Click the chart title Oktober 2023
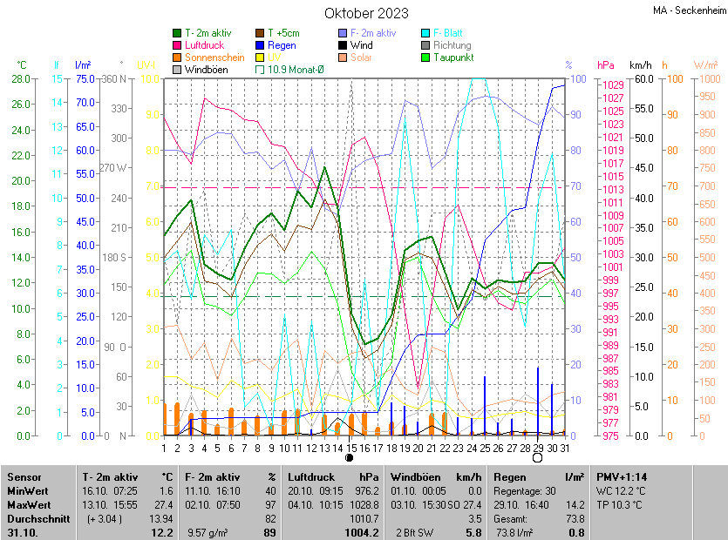coord(366,13)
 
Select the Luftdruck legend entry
coord(205,45)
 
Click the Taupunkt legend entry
coord(453,57)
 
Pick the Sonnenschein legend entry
coord(214,57)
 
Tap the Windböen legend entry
coord(206,70)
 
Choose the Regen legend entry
coord(281,45)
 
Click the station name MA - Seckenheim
coord(688,10)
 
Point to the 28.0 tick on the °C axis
coord(18,79)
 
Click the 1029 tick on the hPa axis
coord(612,84)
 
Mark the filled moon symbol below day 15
coord(350,457)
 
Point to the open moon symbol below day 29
coord(538,457)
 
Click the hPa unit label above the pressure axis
coord(606,65)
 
